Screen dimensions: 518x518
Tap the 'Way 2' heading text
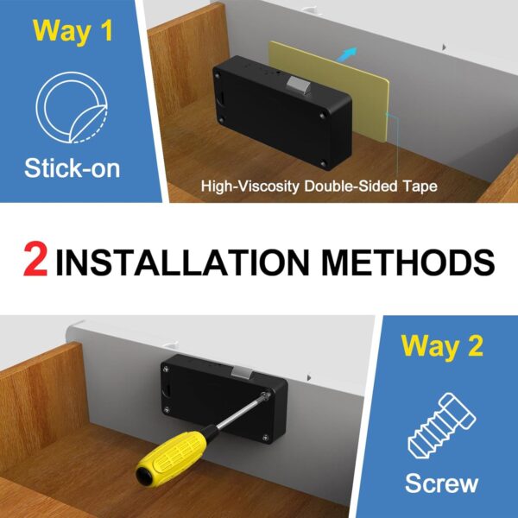click(x=441, y=348)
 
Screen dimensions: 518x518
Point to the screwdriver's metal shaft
click(x=237, y=417)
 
